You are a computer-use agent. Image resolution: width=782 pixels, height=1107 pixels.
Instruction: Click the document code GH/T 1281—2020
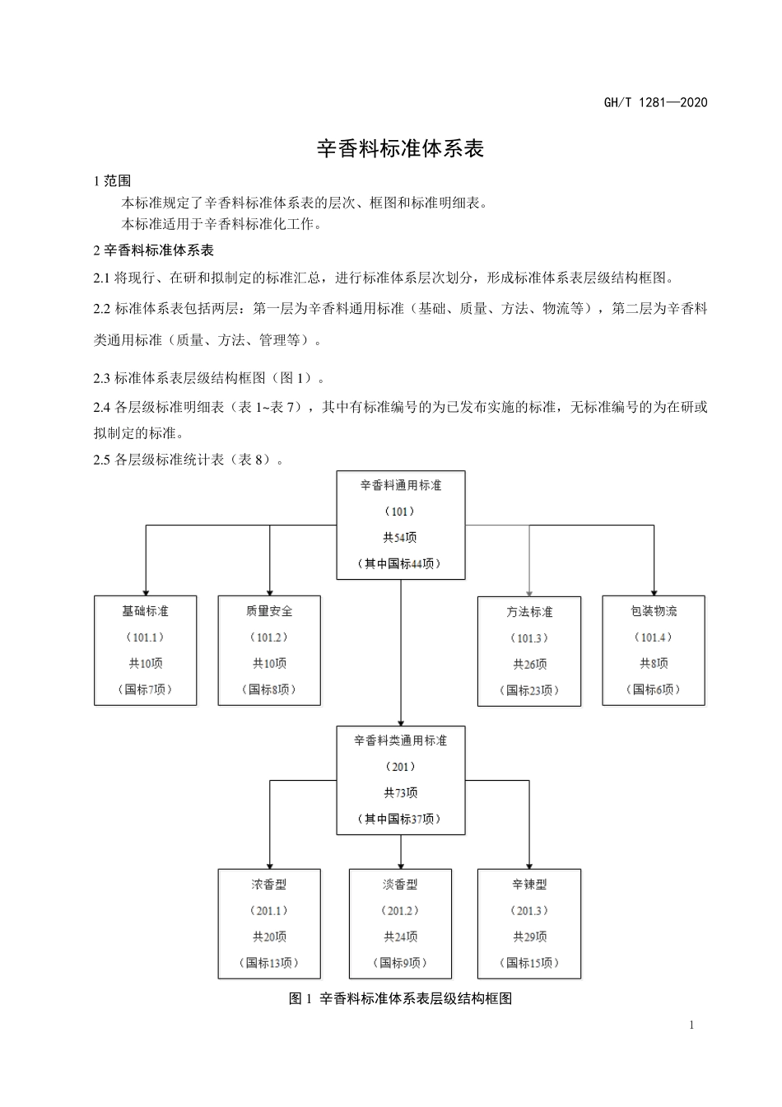click(x=655, y=102)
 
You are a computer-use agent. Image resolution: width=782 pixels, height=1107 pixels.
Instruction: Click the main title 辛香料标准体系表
click(x=401, y=149)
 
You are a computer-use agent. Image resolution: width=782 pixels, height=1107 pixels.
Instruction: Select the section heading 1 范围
click(x=112, y=181)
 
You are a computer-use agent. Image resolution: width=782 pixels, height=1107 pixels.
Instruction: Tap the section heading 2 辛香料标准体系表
click(x=154, y=250)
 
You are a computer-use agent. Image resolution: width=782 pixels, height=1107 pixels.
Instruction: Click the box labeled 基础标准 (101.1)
click(x=146, y=650)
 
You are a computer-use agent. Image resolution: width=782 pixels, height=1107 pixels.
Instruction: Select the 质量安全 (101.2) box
click(x=269, y=650)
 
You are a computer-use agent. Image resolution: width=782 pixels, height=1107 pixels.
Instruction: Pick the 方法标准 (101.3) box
click(x=529, y=651)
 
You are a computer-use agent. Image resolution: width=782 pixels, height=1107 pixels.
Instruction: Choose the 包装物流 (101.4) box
click(x=654, y=650)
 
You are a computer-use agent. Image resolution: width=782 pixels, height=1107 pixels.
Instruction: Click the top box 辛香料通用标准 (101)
click(x=401, y=525)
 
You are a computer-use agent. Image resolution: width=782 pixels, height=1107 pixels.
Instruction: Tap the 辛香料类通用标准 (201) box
click(x=401, y=779)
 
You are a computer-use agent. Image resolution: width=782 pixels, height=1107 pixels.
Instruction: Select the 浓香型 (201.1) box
click(x=269, y=923)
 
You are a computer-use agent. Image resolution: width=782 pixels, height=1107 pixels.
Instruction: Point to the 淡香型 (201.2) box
click(x=401, y=923)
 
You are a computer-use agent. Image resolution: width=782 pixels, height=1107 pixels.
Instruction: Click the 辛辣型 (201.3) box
click(x=529, y=923)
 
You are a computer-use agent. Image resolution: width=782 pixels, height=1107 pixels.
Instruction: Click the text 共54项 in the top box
click(x=401, y=538)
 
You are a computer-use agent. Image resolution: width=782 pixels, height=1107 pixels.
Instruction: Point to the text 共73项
click(x=401, y=792)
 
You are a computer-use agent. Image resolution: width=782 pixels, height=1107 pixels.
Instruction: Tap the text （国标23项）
click(x=529, y=690)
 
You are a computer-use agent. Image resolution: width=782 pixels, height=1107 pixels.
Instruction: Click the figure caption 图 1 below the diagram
click(x=401, y=998)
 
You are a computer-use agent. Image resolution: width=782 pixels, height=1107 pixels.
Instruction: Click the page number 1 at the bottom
click(x=691, y=1025)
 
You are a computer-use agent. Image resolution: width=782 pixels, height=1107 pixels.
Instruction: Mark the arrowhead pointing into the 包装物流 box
click(x=654, y=591)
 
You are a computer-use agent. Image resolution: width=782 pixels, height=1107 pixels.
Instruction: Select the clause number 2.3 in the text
click(x=102, y=378)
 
